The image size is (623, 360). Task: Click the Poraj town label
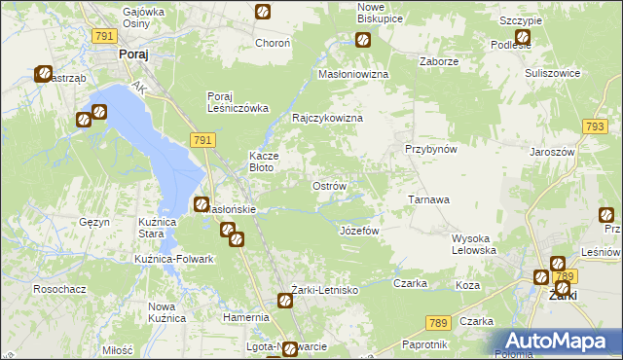pos(132,55)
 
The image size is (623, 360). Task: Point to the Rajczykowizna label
pos(328,118)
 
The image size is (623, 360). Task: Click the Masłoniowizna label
pos(354,74)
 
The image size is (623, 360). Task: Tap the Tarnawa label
pos(428,199)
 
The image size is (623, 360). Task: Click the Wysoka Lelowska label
pos(474,244)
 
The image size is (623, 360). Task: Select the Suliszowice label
pos(552,73)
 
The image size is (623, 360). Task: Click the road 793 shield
pos(596,126)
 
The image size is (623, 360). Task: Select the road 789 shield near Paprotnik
pos(438,322)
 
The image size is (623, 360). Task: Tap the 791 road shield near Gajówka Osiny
pos(105,35)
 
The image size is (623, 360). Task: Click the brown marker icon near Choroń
pos(263,12)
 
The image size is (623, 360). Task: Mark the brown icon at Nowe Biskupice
pos(363,40)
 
